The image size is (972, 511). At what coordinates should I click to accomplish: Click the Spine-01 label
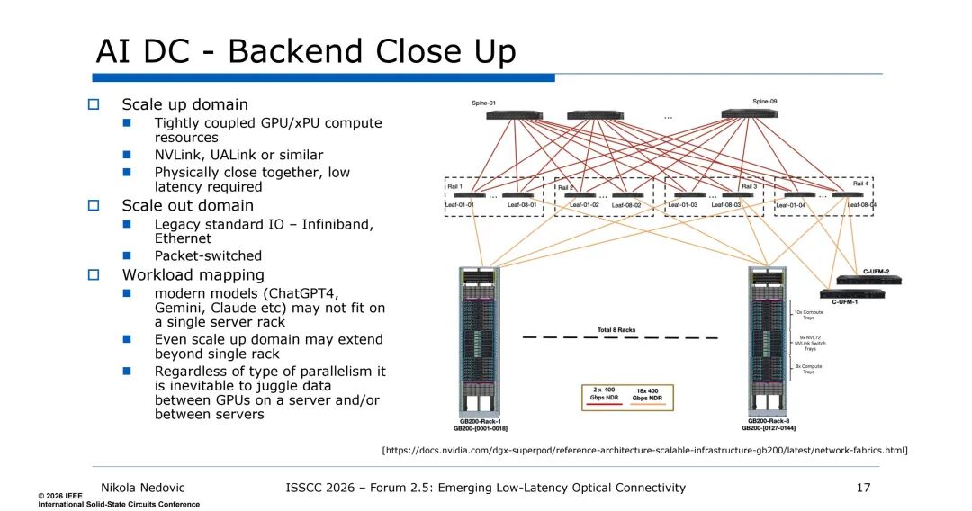point(485,103)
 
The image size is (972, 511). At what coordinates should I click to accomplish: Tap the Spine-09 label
point(765,102)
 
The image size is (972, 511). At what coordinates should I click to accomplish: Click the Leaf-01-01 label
point(460,205)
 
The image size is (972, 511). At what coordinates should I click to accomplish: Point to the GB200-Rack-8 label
point(770,421)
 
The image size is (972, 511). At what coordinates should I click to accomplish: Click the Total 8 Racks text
point(616,330)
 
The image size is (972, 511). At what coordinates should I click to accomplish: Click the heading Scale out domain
point(187,205)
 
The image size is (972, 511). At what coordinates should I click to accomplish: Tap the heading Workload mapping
point(193,274)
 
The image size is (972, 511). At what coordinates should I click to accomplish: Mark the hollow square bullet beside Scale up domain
point(94,104)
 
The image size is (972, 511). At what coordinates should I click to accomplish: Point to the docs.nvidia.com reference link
point(644,449)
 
